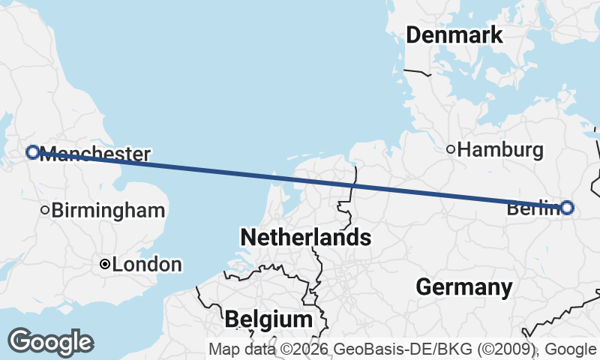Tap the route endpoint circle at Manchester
tap(32, 152)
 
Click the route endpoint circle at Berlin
tap(567, 208)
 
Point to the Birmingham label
tap(108, 211)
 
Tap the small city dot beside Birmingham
tap(45, 211)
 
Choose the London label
tap(147, 265)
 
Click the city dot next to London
tap(105, 265)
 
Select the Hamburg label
tap(500, 150)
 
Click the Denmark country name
tap(454, 35)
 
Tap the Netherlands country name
tap(305, 238)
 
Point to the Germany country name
tap(464, 286)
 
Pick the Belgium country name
tap(268, 319)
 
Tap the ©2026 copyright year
tap(304, 349)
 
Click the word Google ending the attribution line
tap(571, 349)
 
